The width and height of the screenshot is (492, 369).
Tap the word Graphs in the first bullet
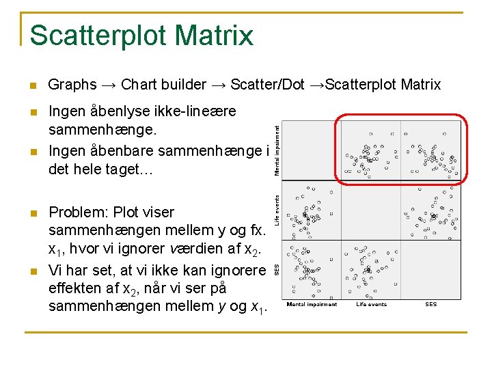coord(72,85)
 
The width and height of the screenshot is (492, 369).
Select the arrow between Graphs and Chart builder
coord(109,85)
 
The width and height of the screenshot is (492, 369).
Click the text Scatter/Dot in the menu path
coord(268,85)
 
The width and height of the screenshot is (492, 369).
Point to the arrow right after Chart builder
coord(218,85)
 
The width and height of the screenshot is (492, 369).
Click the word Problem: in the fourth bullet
coord(79,212)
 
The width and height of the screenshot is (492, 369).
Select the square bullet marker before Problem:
coord(32,213)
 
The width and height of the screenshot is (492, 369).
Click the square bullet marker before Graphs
coord(32,86)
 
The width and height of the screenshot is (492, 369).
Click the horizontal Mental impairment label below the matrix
coord(312,305)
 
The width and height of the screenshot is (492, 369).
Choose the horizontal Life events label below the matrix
coord(372,305)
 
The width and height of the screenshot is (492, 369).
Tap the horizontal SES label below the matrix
coord(431,305)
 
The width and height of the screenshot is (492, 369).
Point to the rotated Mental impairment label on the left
coord(277,149)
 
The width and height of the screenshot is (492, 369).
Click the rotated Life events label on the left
coord(277,210)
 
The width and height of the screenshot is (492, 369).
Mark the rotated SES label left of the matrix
coord(277,269)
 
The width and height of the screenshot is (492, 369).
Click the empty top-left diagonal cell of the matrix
coord(311,150)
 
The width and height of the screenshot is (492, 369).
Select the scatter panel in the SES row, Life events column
coord(371,269)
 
